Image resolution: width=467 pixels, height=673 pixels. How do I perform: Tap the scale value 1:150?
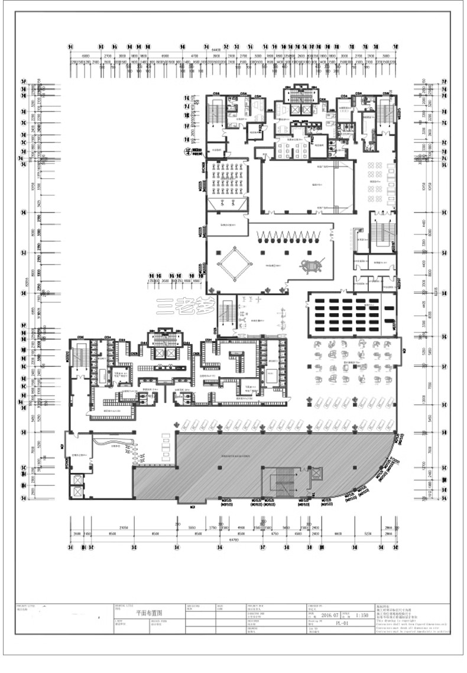(362, 615)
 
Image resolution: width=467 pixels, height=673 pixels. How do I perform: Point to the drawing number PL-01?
(342, 623)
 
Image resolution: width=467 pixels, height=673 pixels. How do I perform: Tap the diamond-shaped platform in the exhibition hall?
(234, 264)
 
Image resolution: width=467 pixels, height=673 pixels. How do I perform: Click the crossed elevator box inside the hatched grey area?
(317, 473)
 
